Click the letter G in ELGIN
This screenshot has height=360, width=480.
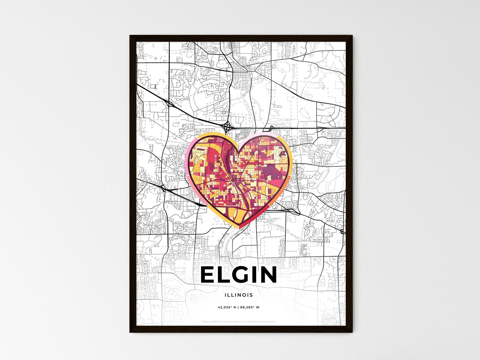pos(241,275)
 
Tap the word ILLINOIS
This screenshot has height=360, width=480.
pos(239,295)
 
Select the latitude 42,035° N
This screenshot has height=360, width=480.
pos(227,307)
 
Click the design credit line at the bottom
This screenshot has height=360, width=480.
pos(239,321)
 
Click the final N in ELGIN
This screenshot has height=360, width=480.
pos(268,275)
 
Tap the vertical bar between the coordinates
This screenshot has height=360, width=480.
pos(238,307)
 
